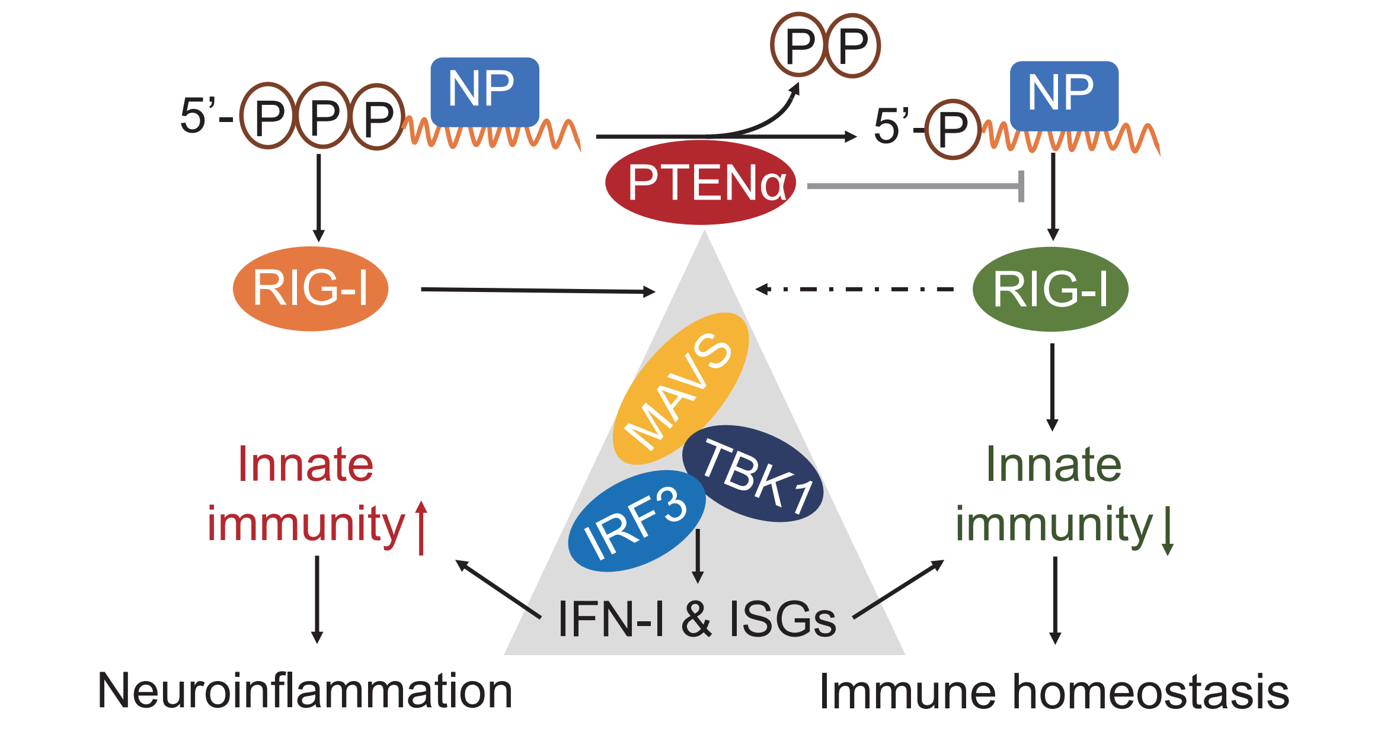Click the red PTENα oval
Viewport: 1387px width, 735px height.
click(x=701, y=182)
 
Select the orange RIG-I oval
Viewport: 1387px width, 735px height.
click(x=311, y=288)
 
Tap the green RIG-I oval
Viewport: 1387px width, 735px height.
click(x=1050, y=289)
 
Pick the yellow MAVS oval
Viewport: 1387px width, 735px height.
click(x=680, y=389)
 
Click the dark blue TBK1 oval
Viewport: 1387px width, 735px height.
click(x=753, y=473)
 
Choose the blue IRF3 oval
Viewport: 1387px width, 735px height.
click(x=637, y=521)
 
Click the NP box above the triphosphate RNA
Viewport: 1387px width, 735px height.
click(x=485, y=92)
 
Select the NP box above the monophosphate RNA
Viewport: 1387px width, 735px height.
click(x=1064, y=96)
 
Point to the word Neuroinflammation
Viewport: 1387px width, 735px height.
click(x=305, y=691)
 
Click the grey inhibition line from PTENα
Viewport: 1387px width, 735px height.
click(x=916, y=186)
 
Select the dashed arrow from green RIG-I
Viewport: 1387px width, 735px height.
click(x=855, y=289)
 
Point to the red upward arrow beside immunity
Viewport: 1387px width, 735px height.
click(x=421, y=528)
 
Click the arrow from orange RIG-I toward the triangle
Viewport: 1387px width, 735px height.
click(x=538, y=290)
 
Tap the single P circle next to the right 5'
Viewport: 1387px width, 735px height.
click(x=954, y=129)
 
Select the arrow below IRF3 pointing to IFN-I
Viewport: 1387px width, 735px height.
click(x=698, y=556)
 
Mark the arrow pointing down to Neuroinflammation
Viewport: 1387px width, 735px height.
click(x=317, y=599)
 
